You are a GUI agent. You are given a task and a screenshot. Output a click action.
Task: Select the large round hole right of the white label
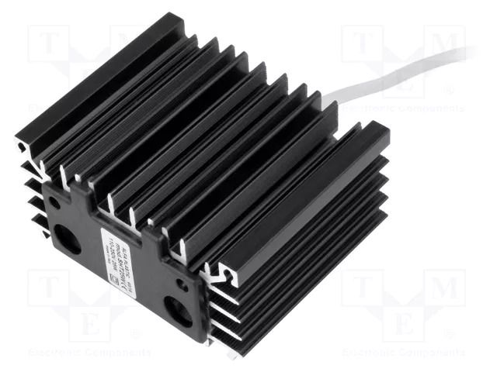pyautogui.click(x=178, y=311)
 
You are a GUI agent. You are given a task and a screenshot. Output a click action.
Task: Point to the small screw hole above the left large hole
pyautogui.click(x=54, y=203)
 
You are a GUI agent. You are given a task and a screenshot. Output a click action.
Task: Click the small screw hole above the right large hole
pyautogui.click(x=182, y=284)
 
